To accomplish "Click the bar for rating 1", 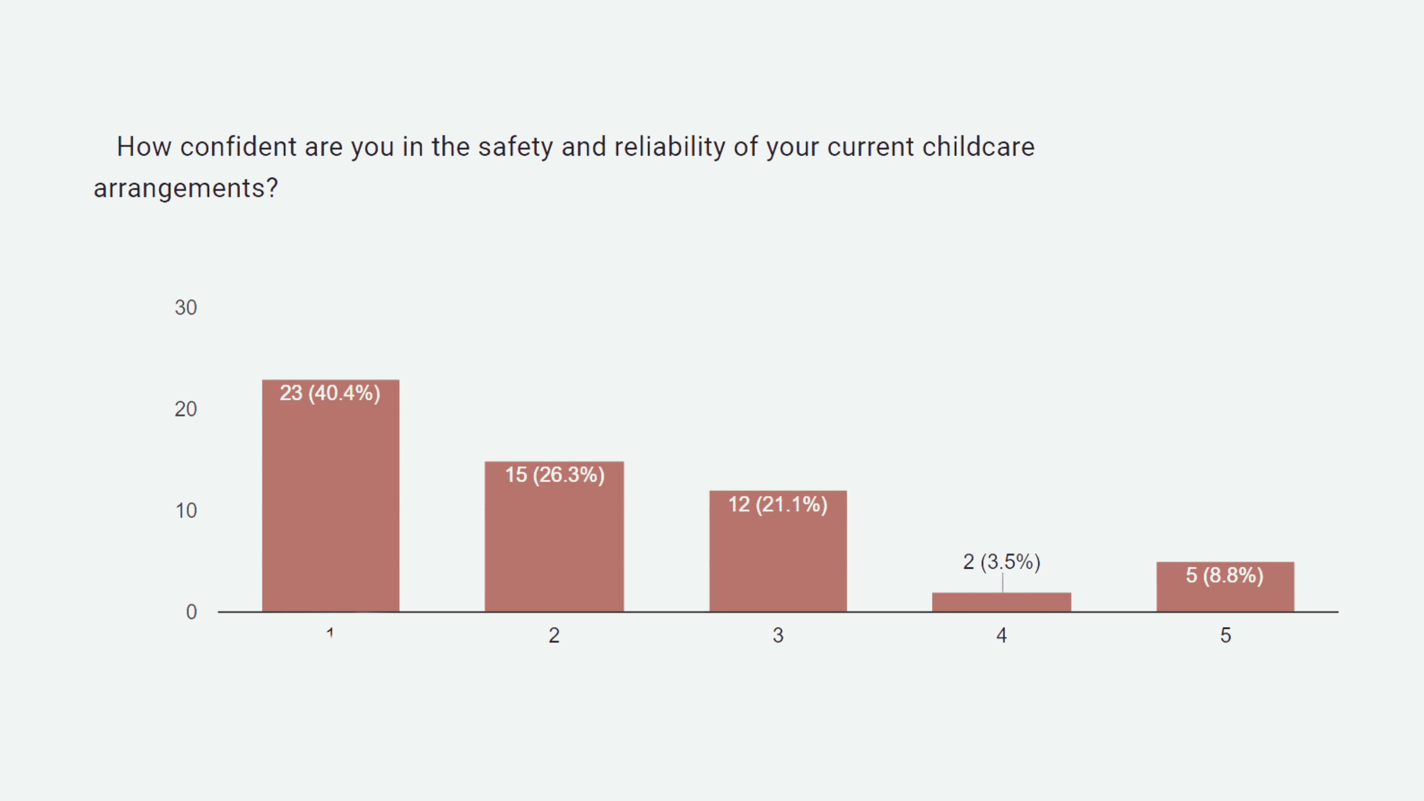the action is [x=330, y=495].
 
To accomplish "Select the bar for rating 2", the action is [x=555, y=536].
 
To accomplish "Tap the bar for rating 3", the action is [x=778, y=551].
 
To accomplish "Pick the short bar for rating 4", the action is [x=1002, y=602].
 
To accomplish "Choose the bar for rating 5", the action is [x=1225, y=586].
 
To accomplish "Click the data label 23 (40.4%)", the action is [x=330, y=393].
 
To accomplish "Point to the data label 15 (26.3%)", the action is [x=555, y=475].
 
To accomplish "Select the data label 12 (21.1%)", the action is [x=778, y=504].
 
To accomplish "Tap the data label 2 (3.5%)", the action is [x=1002, y=562].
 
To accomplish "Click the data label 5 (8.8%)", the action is [x=1225, y=576].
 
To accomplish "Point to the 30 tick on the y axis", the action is [x=186, y=307].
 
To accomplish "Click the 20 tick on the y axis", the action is [x=186, y=409].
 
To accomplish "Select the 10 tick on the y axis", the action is [x=186, y=510].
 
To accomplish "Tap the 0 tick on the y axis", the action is [x=191, y=612].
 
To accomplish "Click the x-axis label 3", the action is [x=778, y=635].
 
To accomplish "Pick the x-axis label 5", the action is [x=1225, y=635].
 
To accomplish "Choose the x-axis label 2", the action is [x=554, y=635].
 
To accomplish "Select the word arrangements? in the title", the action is [x=186, y=188].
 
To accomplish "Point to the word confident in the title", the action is [x=238, y=147].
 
